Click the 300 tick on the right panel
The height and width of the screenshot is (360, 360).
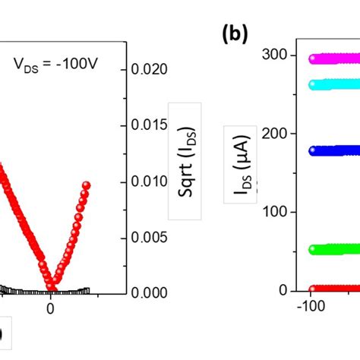[274, 54]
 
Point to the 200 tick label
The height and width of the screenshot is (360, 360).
[274, 133]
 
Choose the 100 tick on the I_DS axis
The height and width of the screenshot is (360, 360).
[274, 212]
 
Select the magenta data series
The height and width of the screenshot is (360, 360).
[334, 58]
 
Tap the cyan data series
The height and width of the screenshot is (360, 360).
[334, 84]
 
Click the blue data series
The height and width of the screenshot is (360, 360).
[334, 150]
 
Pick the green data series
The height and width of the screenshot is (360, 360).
[334, 248]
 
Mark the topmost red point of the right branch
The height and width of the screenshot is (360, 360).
[87, 185]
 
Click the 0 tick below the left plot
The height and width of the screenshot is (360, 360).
[50, 308]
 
